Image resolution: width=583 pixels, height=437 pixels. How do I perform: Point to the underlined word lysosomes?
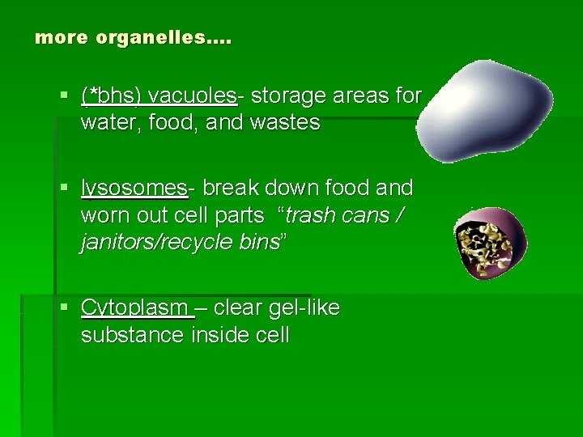pos(134,189)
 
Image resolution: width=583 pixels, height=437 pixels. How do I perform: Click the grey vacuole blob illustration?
pos(486,108)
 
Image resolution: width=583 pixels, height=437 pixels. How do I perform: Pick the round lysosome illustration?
pos(490,243)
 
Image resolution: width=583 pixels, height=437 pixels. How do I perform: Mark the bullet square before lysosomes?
pos(65,189)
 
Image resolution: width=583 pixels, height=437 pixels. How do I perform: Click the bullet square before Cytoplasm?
pos(65,308)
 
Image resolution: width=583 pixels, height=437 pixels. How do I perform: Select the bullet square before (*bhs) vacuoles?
pos(65,96)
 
